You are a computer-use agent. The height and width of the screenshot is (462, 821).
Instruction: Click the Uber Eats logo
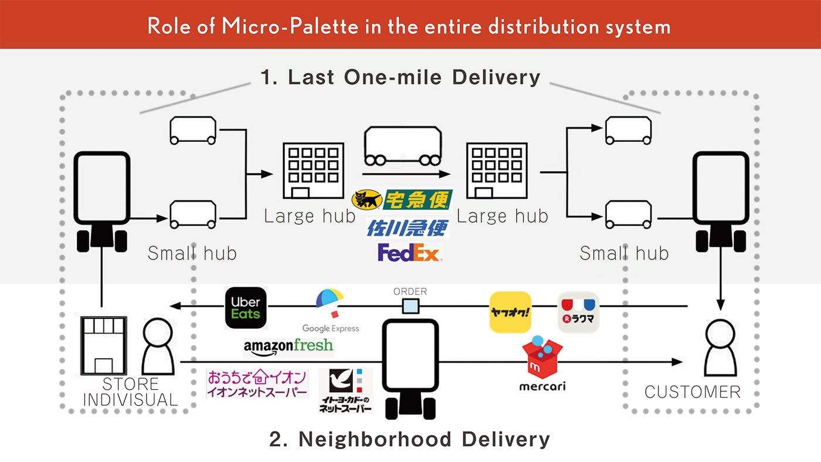click(x=245, y=307)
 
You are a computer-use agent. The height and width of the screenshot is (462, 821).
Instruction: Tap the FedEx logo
click(x=409, y=253)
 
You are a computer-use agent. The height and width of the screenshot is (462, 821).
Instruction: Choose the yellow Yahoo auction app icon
click(x=510, y=312)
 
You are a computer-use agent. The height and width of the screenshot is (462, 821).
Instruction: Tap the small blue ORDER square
click(x=410, y=306)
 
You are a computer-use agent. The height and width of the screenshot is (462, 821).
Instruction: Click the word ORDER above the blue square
click(x=410, y=291)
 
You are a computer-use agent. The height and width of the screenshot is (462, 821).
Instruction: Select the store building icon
click(x=103, y=345)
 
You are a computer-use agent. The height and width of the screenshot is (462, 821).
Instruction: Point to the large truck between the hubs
click(x=403, y=147)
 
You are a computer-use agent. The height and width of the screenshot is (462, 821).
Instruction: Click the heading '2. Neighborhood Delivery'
click(x=409, y=439)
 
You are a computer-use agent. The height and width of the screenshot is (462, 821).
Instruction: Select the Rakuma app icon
click(x=578, y=312)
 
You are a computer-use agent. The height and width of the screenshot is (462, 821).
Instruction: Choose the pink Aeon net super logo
click(x=257, y=384)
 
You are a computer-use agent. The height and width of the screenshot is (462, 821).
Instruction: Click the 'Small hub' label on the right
click(x=624, y=253)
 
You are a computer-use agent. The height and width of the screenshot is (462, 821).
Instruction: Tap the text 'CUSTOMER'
click(x=693, y=392)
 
